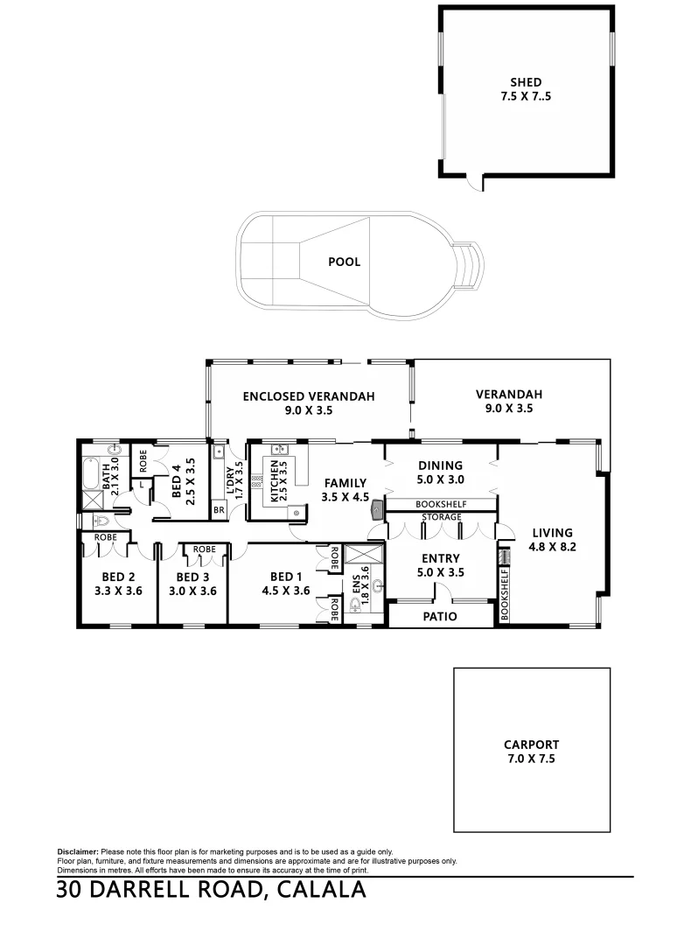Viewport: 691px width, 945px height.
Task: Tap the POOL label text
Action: [x=344, y=262]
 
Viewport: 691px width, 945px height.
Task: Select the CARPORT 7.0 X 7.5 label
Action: [x=531, y=752]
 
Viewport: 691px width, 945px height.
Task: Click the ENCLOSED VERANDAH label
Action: [x=309, y=402]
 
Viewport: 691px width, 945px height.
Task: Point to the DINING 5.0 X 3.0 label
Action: [x=440, y=472]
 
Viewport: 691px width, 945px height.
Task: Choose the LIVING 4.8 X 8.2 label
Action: [x=551, y=539]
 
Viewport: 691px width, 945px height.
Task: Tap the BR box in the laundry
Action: [x=218, y=509]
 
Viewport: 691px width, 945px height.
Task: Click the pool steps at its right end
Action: [x=471, y=266]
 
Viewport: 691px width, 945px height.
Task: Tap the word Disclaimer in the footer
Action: [x=78, y=851]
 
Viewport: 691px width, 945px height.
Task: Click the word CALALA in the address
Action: [x=319, y=891]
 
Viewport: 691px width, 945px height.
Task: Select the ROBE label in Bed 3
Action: [x=204, y=549]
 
